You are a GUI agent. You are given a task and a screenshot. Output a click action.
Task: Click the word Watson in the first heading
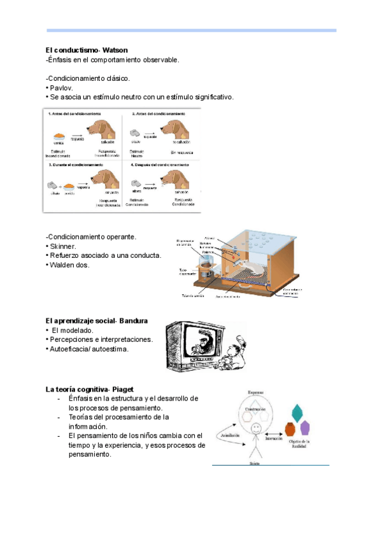pyautogui.click(x=113, y=50)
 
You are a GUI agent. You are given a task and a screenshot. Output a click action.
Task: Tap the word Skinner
pyautogui.click(x=64, y=246)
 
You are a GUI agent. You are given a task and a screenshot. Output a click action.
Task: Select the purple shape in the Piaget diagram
pyautogui.click(x=305, y=428)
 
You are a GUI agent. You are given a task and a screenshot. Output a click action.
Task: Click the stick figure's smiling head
pyautogui.click(x=255, y=427)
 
